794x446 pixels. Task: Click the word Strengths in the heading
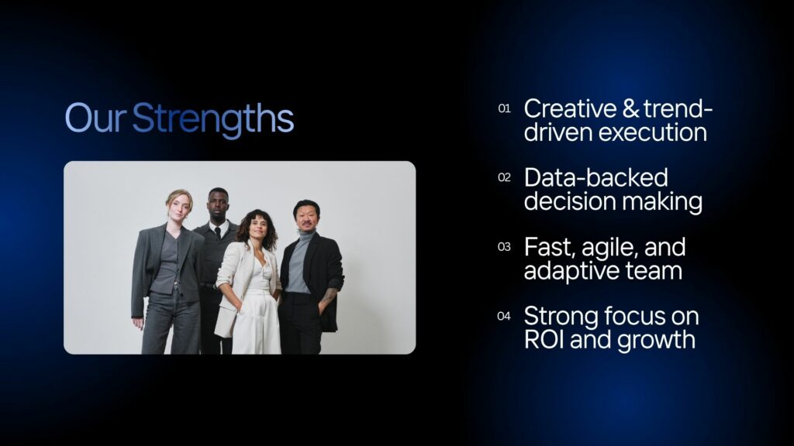click(x=212, y=119)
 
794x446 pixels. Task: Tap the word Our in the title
click(x=95, y=118)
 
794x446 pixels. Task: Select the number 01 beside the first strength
click(x=504, y=108)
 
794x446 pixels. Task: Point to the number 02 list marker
click(x=504, y=177)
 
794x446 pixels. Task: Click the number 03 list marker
click(x=504, y=247)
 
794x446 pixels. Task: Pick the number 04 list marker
click(x=504, y=316)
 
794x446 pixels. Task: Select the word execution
click(x=653, y=132)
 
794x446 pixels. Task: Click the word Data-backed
click(x=596, y=177)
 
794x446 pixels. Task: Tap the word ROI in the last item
click(x=544, y=340)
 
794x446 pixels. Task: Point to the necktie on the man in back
click(x=218, y=232)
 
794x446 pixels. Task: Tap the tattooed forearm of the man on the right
click(x=328, y=296)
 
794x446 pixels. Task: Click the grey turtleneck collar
click(x=306, y=234)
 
